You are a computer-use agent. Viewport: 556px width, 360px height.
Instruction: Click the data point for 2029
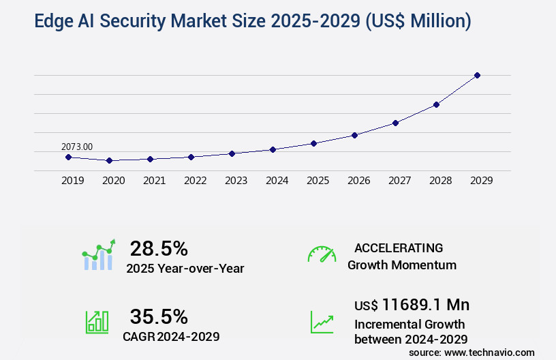click(x=477, y=75)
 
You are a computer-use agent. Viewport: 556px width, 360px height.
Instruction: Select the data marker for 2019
click(x=68, y=157)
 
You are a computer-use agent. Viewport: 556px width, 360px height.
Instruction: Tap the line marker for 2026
click(x=354, y=135)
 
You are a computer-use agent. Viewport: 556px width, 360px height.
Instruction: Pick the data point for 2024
click(x=273, y=149)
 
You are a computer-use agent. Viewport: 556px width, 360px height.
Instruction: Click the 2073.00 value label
click(x=77, y=146)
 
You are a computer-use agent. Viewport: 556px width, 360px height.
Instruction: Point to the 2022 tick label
click(x=195, y=181)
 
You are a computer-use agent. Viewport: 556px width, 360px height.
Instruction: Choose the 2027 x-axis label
click(x=399, y=181)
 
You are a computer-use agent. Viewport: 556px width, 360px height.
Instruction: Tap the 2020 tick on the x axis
click(x=113, y=181)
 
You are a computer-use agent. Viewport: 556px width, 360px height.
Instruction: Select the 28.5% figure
click(x=159, y=248)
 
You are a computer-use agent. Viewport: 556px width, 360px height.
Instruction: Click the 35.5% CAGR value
click(x=159, y=316)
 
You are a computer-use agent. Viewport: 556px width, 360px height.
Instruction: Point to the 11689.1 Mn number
click(x=426, y=304)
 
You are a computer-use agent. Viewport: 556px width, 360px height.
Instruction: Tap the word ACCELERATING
click(x=399, y=247)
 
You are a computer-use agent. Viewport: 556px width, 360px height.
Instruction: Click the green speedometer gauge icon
click(x=322, y=254)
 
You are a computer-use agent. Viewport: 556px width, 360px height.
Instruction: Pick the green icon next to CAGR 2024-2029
click(x=97, y=322)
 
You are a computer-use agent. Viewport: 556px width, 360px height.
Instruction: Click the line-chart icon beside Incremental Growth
click(x=322, y=322)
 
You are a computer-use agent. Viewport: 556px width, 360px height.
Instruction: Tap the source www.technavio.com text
click(x=472, y=352)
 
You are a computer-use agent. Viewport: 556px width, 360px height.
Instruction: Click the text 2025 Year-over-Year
click(x=185, y=269)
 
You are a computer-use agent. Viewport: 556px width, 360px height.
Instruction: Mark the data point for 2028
click(x=436, y=104)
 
